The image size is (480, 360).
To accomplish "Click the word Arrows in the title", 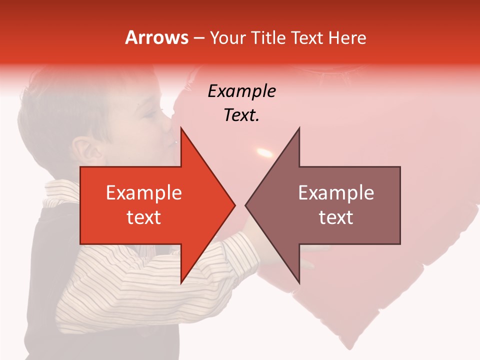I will pyautogui.click(x=156, y=37).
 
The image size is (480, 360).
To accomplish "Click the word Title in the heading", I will pyautogui.click(x=268, y=37).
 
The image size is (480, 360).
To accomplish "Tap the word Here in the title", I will pyautogui.click(x=347, y=37).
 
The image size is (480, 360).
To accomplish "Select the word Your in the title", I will pyautogui.click(x=228, y=37).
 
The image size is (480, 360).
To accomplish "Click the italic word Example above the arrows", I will pyautogui.click(x=241, y=91).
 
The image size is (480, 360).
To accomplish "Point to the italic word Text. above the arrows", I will pyautogui.click(x=241, y=115).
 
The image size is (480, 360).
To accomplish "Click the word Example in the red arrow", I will pyautogui.click(x=143, y=193).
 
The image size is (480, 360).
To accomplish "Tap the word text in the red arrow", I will pyautogui.click(x=143, y=217).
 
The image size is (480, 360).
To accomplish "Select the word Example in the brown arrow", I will pyautogui.click(x=336, y=193).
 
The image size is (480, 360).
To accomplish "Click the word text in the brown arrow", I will pyautogui.click(x=336, y=217).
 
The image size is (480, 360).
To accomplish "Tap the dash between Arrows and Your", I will pyautogui.click(x=198, y=38).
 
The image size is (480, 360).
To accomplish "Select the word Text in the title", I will pyautogui.click(x=307, y=37).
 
